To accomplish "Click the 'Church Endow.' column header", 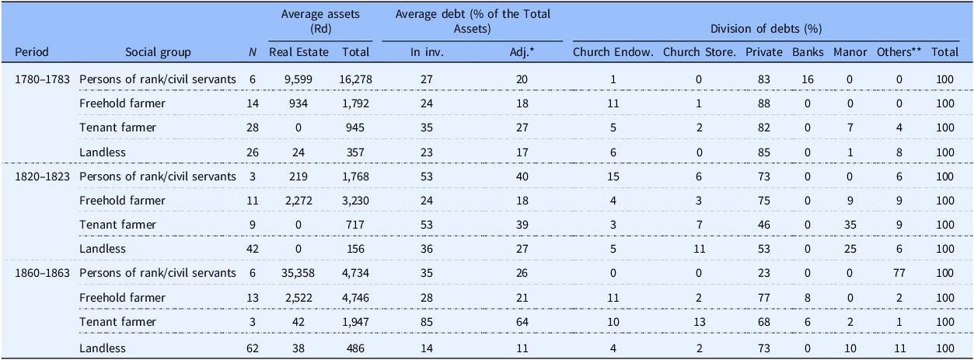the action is [613, 52].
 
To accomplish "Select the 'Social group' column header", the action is [158, 52].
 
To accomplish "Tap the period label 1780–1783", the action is [42, 79].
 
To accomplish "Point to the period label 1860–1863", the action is [42, 273].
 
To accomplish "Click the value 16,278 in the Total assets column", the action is [356, 79].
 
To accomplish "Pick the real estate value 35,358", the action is [298, 274].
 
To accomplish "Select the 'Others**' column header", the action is [899, 52].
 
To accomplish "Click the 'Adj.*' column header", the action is [522, 53].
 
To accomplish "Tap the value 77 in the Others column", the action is [899, 273].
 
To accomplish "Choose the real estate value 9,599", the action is [298, 79].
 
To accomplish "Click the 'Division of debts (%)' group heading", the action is [766, 29].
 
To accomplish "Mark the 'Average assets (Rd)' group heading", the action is [320, 21].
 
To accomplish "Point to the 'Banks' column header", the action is [808, 52].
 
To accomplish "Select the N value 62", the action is [252, 348].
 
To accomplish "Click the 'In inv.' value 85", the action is [427, 322].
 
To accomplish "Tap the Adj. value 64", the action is [522, 322].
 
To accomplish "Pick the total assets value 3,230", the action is [356, 201].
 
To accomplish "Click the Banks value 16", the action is [808, 79].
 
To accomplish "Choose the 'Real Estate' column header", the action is [298, 52].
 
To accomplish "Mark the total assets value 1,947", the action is [355, 322].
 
